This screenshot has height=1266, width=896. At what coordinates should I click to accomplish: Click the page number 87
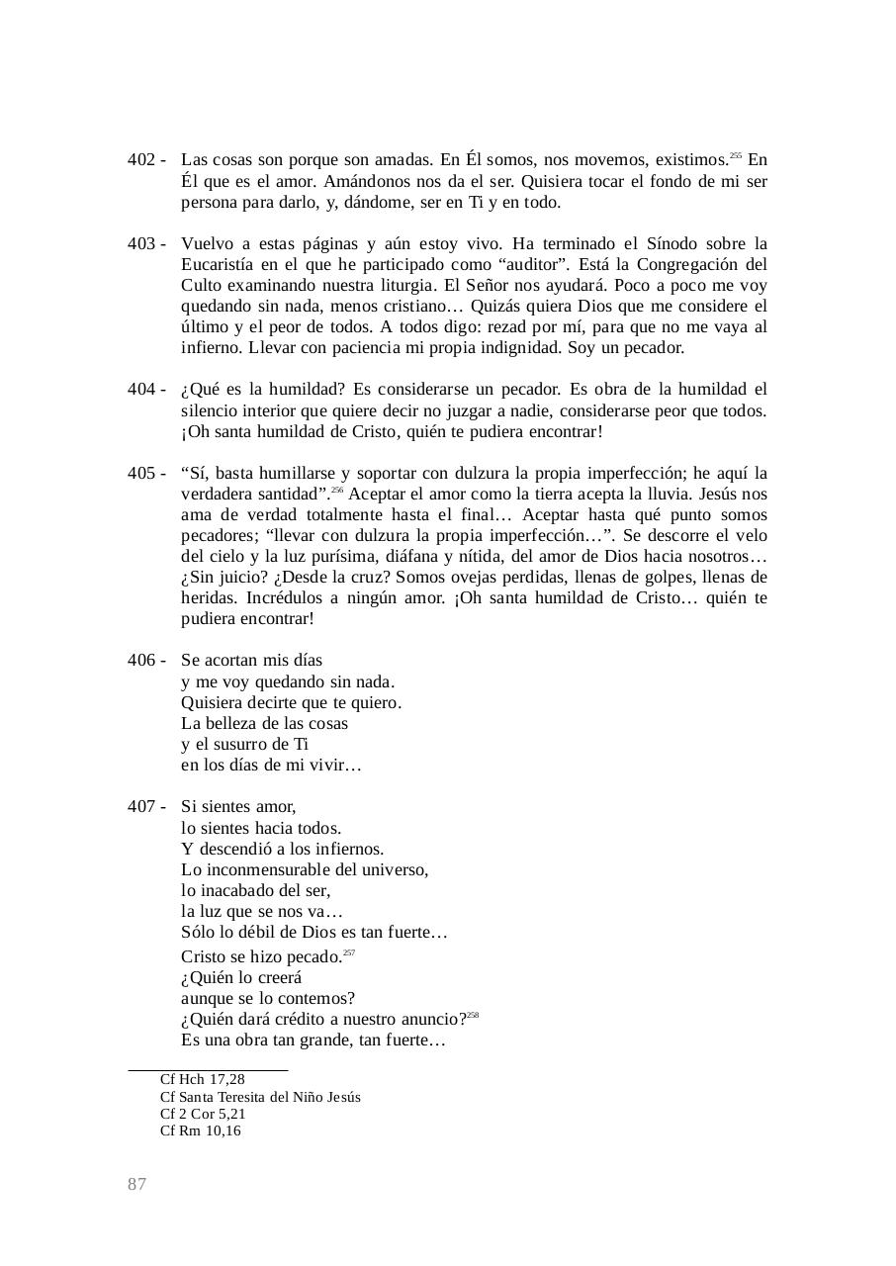coord(137,1185)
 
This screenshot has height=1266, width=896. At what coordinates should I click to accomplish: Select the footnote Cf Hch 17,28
coord(203,1079)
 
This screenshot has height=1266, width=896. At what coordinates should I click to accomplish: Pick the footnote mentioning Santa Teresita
coord(260,1097)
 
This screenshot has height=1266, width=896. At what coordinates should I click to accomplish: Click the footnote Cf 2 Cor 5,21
coord(203,1114)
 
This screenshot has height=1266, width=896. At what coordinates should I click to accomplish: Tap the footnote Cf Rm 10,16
coord(201,1130)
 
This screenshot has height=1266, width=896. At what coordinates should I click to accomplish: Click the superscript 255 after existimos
coord(736,156)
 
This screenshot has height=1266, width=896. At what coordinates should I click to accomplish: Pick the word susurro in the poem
coord(244,745)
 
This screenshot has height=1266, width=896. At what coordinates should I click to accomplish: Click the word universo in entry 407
coord(393,870)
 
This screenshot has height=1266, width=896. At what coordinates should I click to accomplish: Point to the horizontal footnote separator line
coord(208,1069)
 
